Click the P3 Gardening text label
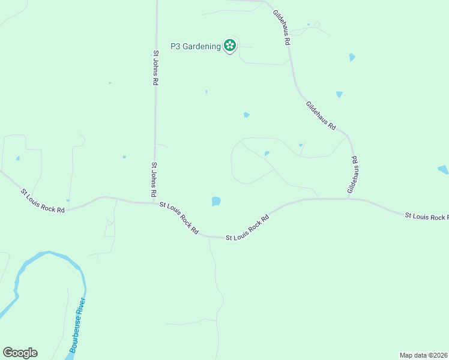(195, 46)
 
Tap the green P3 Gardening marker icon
(229, 46)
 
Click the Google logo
(20, 353)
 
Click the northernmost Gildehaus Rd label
(282, 28)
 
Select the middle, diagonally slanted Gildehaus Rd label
(321, 116)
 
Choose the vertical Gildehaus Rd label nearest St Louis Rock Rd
(354, 175)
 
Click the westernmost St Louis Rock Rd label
(43, 201)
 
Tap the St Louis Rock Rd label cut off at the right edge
(426, 216)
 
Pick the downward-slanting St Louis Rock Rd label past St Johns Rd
(179, 217)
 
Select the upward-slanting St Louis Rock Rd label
(247, 229)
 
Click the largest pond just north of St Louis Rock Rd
(216, 202)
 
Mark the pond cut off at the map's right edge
(444, 170)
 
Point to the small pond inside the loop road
(267, 154)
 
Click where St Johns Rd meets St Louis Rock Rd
(155, 203)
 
